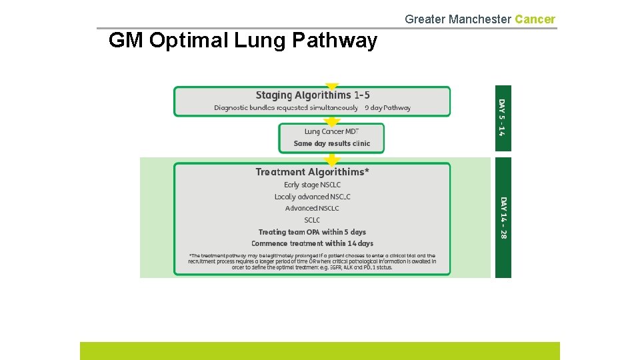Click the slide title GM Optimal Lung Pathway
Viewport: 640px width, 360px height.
pyautogui.click(x=242, y=41)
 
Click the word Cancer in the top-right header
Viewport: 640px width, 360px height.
pyautogui.click(x=535, y=19)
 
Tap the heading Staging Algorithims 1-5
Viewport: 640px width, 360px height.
pyautogui.click(x=312, y=95)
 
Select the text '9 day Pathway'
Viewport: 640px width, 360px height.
pyautogui.click(x=387, y=108)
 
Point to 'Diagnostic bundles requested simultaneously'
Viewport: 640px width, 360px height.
pyautogui.click(x=286, y=108)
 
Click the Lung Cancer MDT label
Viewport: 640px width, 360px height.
pyautogui.click(x=331, y=132)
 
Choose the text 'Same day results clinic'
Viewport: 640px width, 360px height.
pyautogui.click(x=331, y=143)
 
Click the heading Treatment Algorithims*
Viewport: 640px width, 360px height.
pyautogui.click(x=312, y=172)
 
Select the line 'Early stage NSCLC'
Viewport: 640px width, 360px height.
pyautogui.click(x=312, y=185)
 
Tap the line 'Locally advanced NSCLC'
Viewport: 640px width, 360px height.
pyautogui.click(x=312, y=197)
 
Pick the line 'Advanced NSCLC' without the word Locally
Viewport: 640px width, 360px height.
pyautogui.click(x=312, y=208)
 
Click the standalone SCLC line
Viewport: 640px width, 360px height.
pyautogui.click(x=312, y=220)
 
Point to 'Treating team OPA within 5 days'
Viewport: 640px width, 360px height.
pyautogui.click(x=312, y=232)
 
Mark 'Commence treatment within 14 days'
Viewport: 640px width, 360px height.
pyautogui.click(x=312, y=243)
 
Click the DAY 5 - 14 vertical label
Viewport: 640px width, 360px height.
pyautogui.click(x=503, y=117)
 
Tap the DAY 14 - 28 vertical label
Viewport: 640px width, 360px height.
pyautogui.click(x=503, y=218)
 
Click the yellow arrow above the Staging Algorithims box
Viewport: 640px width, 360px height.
pyautogui.click(x=332, y=87)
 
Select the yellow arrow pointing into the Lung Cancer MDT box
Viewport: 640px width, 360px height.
pyautogui.click(x=332, y=122)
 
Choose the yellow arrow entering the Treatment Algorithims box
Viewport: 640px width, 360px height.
pyautogui.click(x=332, y=159)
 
